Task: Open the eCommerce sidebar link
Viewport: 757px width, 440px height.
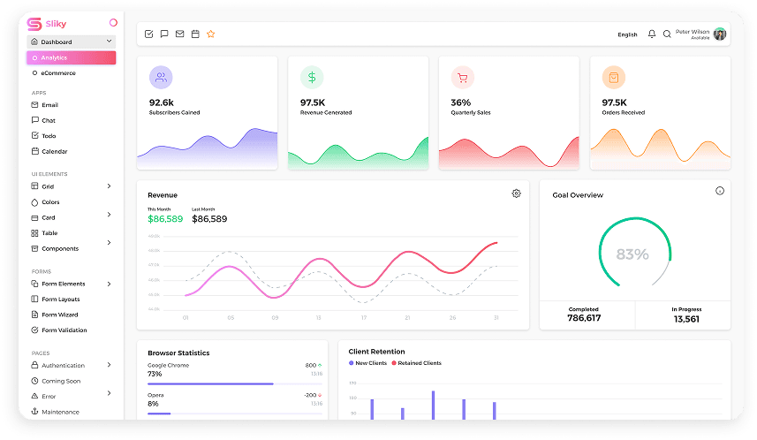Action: pyautogui.click(x=58, y=73)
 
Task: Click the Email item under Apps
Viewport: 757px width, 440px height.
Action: pyautogui.click(x=49, y=105)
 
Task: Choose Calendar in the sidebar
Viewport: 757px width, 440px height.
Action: pyautogui.click(x=54, y=152)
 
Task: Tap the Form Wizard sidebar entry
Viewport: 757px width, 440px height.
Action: pyautogui.click(x=59, y=315)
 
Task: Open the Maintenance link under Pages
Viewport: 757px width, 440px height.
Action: pyautogui.click(x=60, y=412)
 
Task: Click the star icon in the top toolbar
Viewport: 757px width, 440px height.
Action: pyautogui.click(x=211, y=34)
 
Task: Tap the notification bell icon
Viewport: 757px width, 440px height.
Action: pyautogui.click(x=652, y=34)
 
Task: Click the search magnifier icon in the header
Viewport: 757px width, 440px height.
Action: pyautogui.click(x=667, y=34)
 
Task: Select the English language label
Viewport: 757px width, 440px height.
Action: pyautogui.click(x=627, y=34)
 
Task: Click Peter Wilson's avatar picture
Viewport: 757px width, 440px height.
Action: pyautogui.click(x=720, y=34)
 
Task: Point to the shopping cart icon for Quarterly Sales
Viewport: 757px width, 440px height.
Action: pyautogui.click(x=462, y=78)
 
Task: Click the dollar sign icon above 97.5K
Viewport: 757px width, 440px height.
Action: pyautogui.click(x=312, y=78)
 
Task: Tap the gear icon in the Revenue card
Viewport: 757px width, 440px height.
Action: pyautogui.click(x=516, y=193)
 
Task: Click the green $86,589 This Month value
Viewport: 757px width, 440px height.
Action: pyautogui.click(x=165, y=219)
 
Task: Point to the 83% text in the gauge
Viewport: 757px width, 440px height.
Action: pyautogui.click(x=632, y=254)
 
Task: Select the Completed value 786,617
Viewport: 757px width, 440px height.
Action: pyautogui.click(x=584, y=318)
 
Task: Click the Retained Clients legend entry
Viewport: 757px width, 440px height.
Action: pyautogui.click(x=419, y=363)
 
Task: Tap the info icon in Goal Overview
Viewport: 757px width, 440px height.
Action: pyautogui.click(x=720, y=191)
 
